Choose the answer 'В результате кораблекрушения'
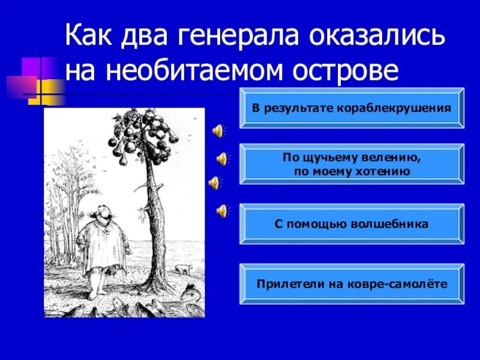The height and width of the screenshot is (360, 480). pyautogui.click(x=352, y=108)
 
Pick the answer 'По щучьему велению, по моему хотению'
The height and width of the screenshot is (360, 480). pyautogui.click(x=352, y=164)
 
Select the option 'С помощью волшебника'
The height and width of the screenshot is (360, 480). pyautogui.click(x=352, y=224)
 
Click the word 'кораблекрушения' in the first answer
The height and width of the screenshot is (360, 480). pyautogui.click(x=400, y=108)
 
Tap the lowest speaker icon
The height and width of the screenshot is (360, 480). pyautogui.click(x=222, y=210)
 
